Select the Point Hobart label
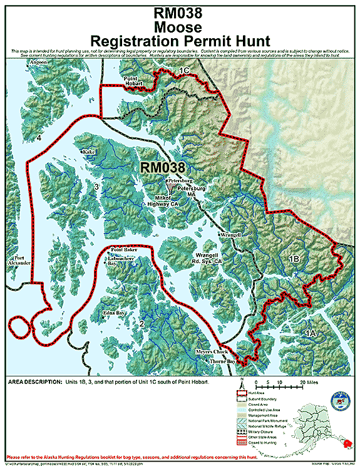(133, 79)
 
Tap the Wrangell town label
(230, 234)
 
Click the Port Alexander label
(19, 260)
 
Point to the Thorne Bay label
(222, 361)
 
